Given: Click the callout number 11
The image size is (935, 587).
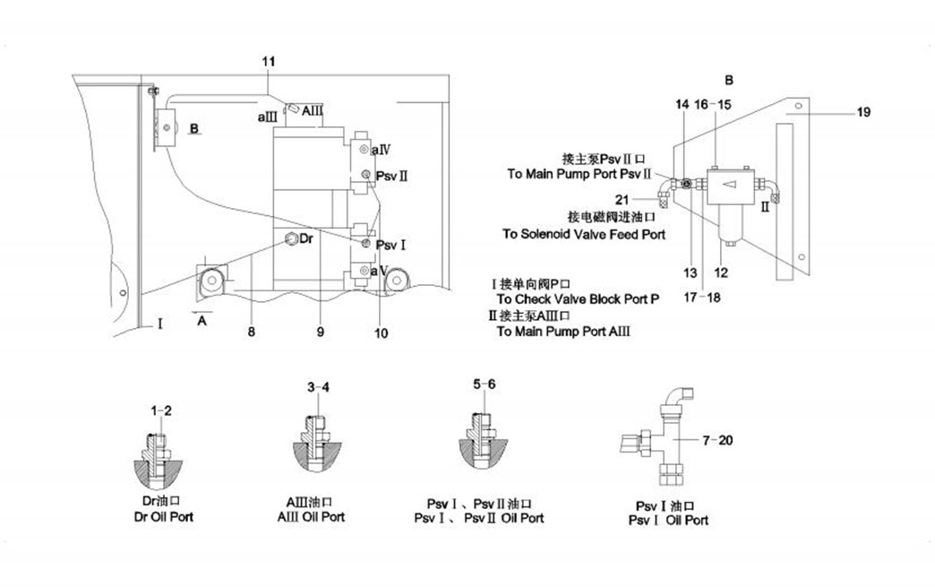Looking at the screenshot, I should pyautogui.click(x=269, y=60).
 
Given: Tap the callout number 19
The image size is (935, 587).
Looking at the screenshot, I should pyautogui.click(x=862, y=113).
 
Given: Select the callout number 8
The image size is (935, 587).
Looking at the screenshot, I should pyautogui.click(x=252, y=332).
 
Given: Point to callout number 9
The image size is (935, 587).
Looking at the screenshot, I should pyautogui.click(x=320, y=332).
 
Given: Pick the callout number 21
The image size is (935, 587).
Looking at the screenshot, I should pyautogui.click(x=647, y=198).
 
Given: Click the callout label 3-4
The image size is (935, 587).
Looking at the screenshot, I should pyautogui.click(x=318, y=387).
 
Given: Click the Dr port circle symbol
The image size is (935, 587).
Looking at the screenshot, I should pyautogui.click(x=292, y=239).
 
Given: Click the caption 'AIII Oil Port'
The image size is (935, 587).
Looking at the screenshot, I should pyautogui.click(x=311, y=517).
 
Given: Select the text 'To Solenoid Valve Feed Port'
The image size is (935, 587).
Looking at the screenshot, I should pyautogui.click(x=583, y=235).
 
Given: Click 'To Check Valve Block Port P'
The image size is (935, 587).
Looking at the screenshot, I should pyautogui.click(x=578, y=298).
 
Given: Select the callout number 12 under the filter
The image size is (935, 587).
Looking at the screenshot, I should pyautogui.click(x=721, y=272).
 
